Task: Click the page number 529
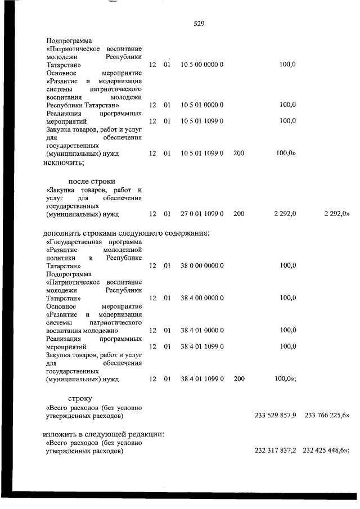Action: coord(198,24)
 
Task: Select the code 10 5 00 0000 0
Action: coord(202,65)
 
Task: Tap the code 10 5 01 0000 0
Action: coord(202,105)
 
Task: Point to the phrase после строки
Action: coord(92,181)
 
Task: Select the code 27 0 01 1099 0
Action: coord(202,214)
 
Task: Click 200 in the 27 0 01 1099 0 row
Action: coord(238,214)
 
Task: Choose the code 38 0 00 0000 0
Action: coord(202,265)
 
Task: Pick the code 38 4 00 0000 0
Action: coord(202,298)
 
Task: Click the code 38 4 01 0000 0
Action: coord(202,330)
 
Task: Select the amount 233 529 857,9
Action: coord(276,416)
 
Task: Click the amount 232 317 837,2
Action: coord(276,451)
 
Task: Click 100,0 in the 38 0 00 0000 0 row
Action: coord(287,265)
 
